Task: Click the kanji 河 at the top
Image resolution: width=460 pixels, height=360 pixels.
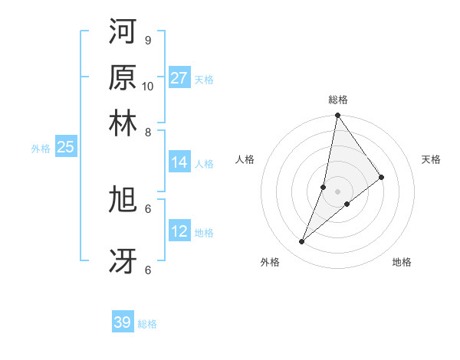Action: point(123,32)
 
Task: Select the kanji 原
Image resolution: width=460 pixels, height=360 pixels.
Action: point(123,77)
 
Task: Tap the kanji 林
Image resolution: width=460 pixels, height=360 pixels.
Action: point(123,123)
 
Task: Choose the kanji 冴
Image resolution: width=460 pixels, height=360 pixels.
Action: point(123,260)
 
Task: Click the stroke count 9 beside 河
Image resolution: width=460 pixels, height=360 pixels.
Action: point(148,40)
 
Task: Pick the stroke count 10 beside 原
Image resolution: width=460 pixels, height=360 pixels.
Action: point(148,86)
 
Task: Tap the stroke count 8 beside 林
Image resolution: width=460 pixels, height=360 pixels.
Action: point(148,132)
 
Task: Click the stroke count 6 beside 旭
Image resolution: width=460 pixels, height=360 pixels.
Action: point(148,208)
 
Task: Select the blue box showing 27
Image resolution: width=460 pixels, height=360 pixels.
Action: point(179,77)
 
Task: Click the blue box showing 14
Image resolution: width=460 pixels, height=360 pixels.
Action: point(179,162)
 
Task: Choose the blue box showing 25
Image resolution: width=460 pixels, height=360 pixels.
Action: point(65,147)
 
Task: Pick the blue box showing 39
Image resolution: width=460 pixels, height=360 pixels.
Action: point(123,322)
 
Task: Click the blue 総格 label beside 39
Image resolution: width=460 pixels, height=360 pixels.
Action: point(148,324)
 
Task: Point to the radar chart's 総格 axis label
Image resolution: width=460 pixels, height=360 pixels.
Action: point(338,100)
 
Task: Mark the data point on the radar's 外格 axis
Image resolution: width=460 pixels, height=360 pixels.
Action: point(301,242)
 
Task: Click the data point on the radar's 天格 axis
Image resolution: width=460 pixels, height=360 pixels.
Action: point(382,177)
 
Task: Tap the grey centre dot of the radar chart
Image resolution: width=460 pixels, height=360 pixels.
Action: point(338,191)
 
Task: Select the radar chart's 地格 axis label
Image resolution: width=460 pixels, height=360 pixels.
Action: point(402,262)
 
